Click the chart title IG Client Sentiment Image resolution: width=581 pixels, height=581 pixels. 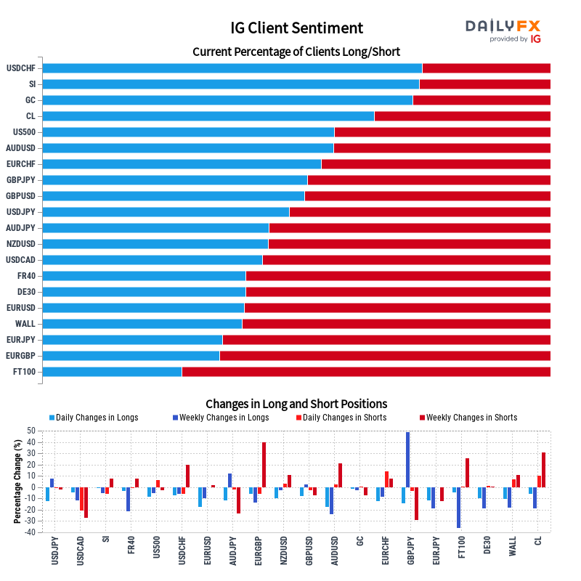(296, 28)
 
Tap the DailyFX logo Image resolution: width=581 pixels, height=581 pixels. (503, 31)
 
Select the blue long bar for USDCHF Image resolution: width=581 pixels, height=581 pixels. (232, 68)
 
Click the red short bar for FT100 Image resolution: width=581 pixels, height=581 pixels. (366, 372)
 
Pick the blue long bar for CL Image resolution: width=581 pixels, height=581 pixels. (208, 116)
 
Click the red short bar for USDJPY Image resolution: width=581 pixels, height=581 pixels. (420, 212)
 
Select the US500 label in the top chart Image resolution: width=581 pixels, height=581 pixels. (24, 132)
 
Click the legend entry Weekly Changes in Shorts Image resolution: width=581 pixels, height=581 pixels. (471, 418)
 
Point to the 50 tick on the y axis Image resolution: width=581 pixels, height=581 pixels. (31, 431)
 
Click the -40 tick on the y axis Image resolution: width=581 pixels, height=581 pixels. (30, 532)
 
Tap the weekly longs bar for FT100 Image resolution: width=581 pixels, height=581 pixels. (458, 508)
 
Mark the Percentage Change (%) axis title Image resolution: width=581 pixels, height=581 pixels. (17, 482)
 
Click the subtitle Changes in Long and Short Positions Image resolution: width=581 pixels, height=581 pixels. (296, 404)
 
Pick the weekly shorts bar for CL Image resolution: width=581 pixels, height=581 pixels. (543, 470)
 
